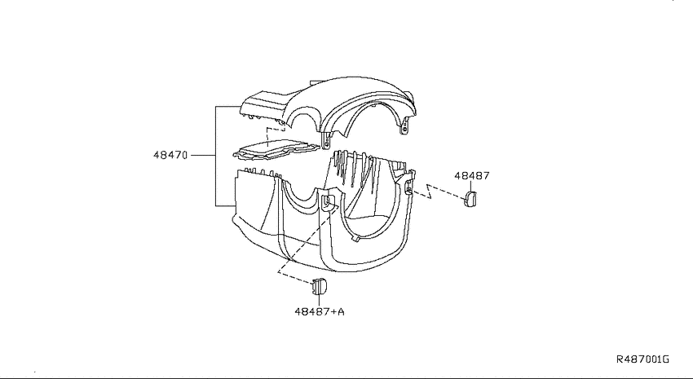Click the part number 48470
tap(170, 155)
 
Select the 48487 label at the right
tap(472, 176)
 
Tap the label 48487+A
tap(320, 312)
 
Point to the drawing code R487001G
tap(643, 359)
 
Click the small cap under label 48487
tap(470, 198)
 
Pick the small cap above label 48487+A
tap(319, 286)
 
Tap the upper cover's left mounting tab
tap(326, 141)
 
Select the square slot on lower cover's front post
tap(327, 201)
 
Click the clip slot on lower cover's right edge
tap(408, 188)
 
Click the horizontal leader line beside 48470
tap(203, 155)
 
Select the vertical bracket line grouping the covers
tap(215, 156)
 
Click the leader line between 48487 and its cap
tap(471, 186)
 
